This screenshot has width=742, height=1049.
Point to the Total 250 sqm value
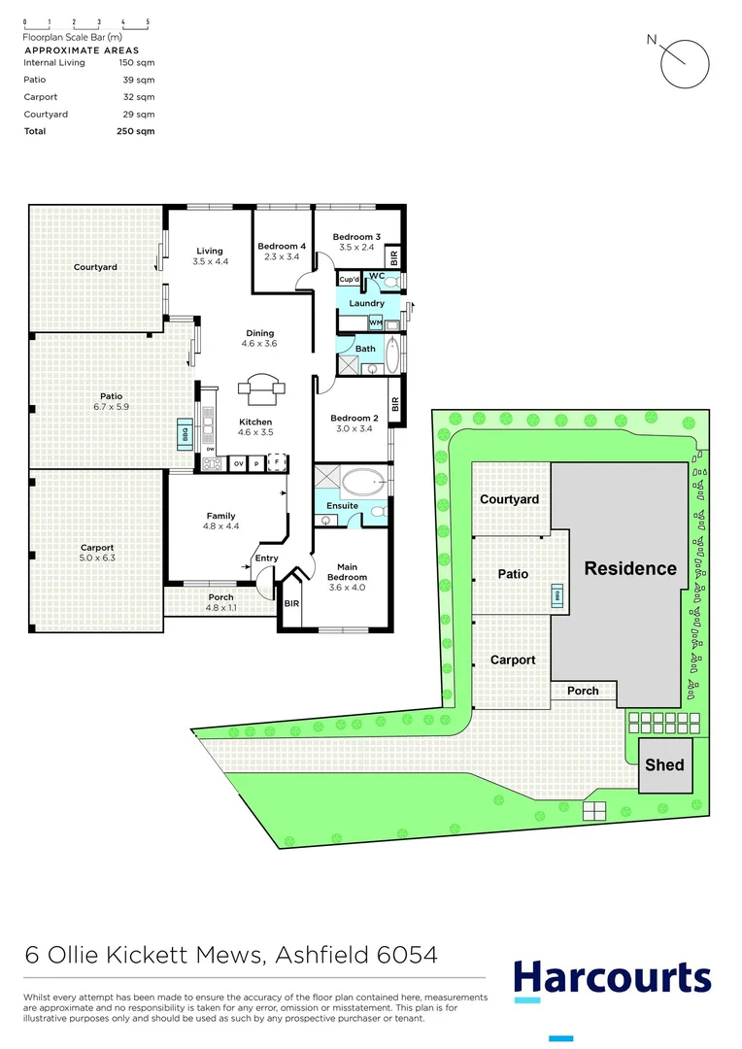click(x=135, y=131)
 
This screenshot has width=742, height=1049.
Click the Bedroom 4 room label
click(x=282, y=247)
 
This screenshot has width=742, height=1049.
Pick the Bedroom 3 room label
click(x=356, y=237)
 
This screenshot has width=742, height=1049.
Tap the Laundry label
click(x=367, y=303)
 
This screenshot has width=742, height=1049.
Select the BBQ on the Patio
click(x=183, y=433)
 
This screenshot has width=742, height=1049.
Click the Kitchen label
click(x=255, y=422)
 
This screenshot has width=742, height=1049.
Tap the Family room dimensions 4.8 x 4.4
click(x=220, y=526)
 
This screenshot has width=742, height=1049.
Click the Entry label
click(x=266, y=558)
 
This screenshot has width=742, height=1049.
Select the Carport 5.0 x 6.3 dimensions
click(x=97, y=558)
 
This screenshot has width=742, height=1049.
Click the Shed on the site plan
click(x=665, y=764)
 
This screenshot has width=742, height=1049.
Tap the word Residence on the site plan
click(x=629, y=569)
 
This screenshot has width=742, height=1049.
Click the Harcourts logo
click(x=612, y=977)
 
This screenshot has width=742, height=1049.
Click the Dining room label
click(x=259, y=333)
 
